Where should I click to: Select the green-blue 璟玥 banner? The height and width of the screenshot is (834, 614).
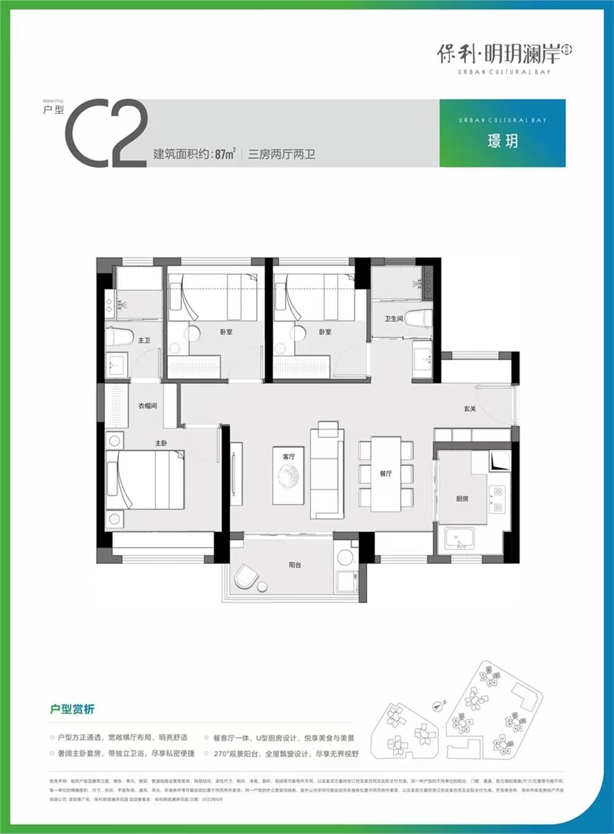point(502,133)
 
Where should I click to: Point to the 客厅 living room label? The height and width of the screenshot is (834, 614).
point(289,457)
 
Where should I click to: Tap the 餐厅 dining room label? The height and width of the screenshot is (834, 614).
point(386,473)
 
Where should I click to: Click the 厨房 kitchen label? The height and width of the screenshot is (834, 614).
point(462,499)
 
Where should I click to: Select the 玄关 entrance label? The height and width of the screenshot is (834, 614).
point(470,408)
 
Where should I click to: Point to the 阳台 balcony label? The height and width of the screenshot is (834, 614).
point(295,565)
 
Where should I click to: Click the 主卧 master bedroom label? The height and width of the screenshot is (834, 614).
point(161,443)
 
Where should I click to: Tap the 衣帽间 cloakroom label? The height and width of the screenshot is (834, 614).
point(147,406)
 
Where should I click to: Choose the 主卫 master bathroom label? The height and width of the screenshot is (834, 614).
point(144,340)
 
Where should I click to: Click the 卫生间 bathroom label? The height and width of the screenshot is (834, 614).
point(393,319)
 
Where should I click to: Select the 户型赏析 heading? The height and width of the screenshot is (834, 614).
point(72,709)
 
